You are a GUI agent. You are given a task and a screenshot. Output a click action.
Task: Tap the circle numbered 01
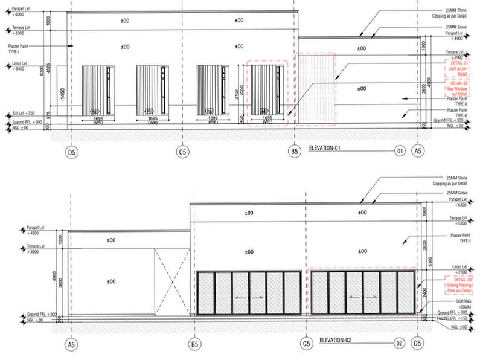pos(399,151)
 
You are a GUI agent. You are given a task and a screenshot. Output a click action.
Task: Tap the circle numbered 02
pos(399,344)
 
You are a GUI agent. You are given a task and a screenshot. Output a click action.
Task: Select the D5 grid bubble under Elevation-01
pos(71,152)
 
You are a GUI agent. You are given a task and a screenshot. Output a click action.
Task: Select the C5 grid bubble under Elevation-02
pos(307,345)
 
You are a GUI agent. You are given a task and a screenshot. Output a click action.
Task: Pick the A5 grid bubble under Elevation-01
pos(417,152)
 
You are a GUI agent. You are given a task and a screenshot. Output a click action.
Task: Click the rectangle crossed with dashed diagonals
pos(173,282)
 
